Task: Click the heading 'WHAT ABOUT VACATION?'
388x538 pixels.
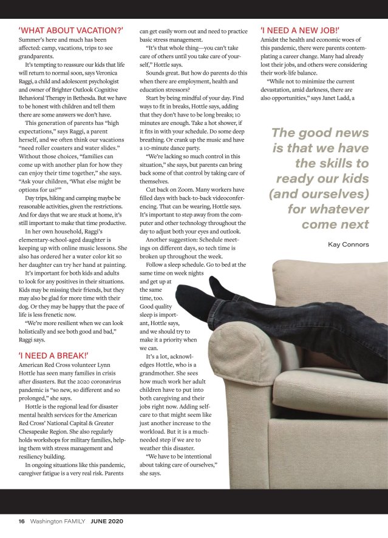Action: (71, 29)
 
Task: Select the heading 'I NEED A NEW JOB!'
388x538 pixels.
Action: (291, 29)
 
